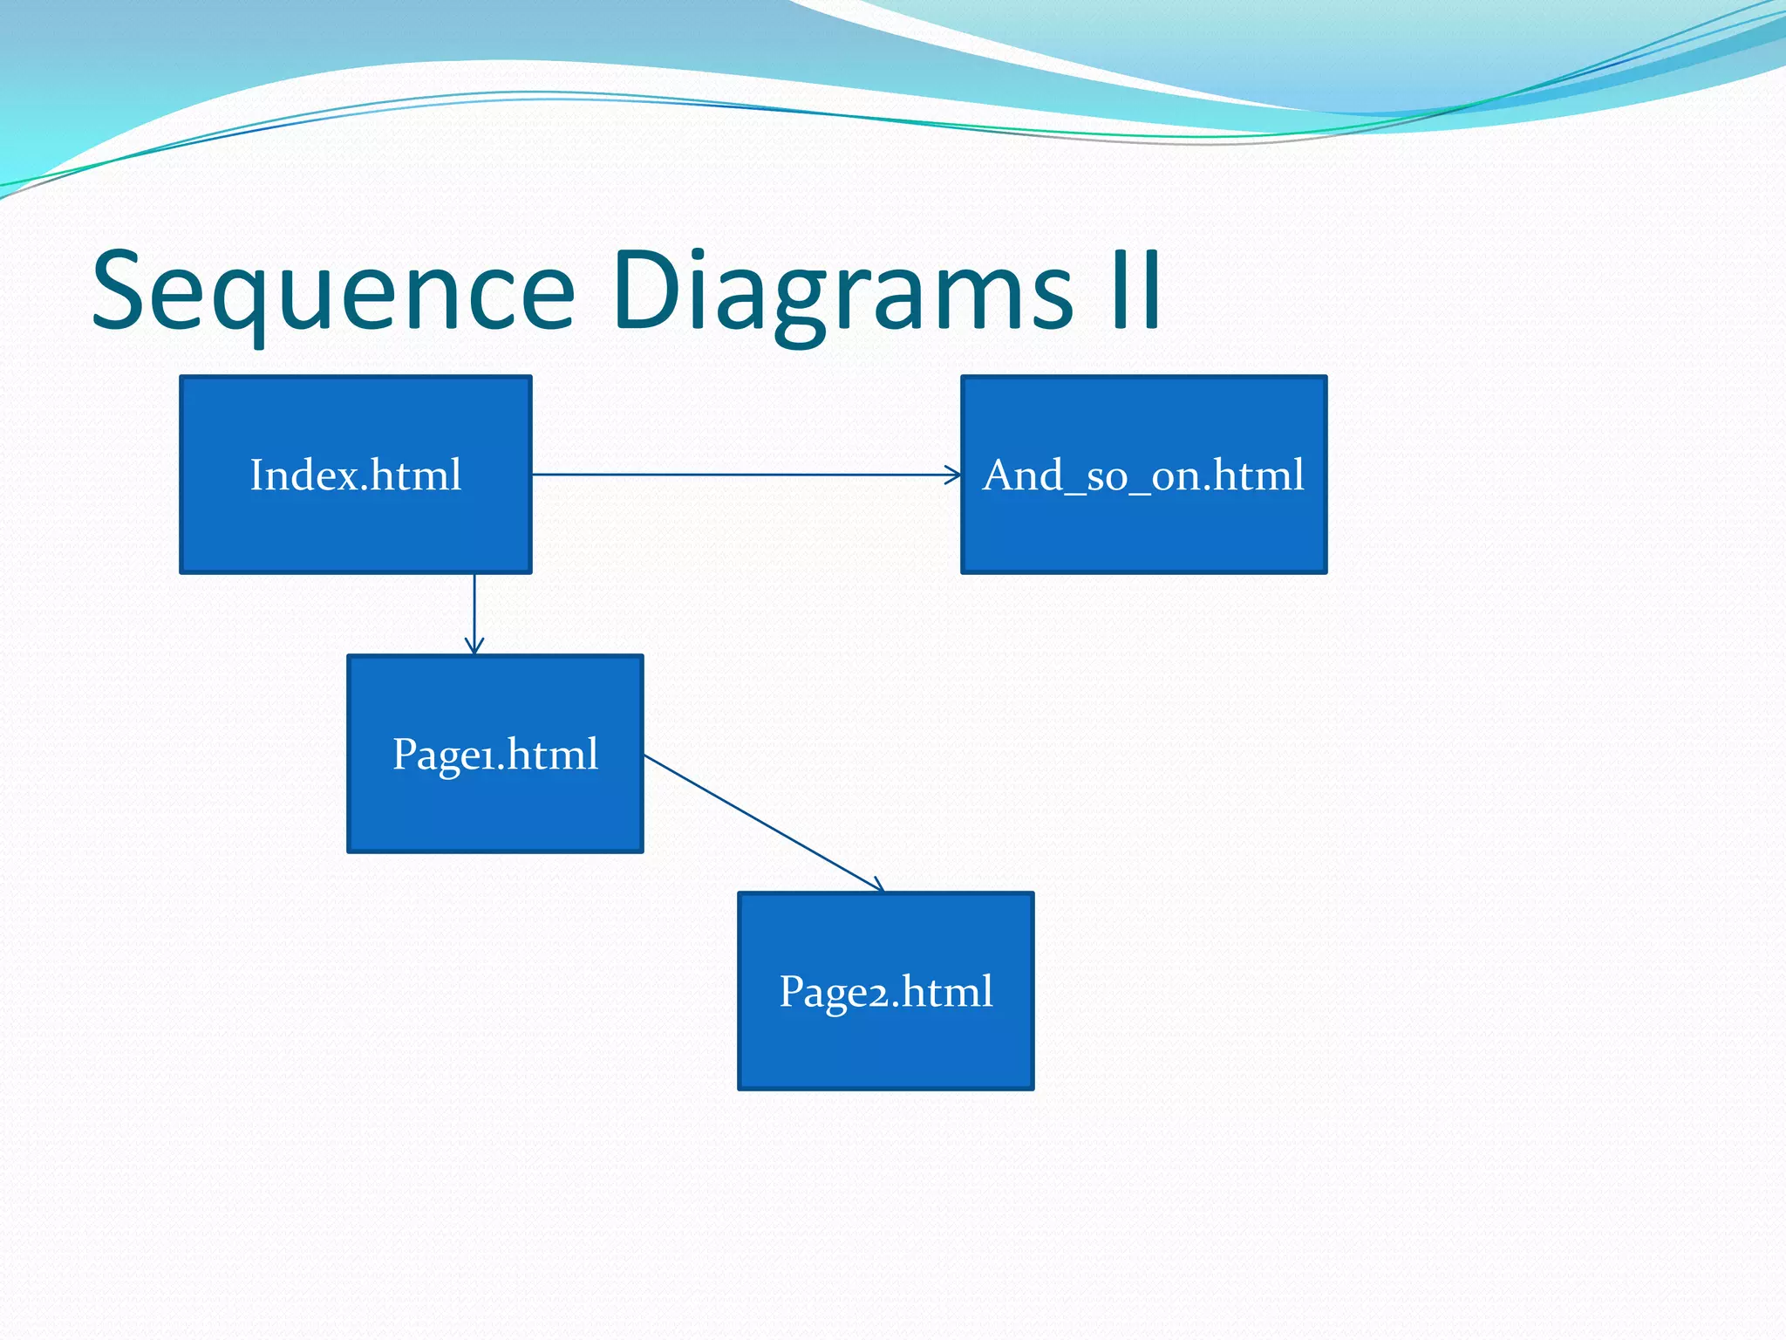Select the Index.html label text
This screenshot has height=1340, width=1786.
pos(356,475)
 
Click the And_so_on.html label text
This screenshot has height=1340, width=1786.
pos(1143,475)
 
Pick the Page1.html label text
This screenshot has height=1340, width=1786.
pos(495,754)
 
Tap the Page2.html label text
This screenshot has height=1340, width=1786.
pos(886,991)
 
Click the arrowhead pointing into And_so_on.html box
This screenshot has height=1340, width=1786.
pos(955,475)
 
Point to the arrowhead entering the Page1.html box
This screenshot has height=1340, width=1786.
pos(474,647)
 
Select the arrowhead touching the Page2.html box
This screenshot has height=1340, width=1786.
pos(878,886)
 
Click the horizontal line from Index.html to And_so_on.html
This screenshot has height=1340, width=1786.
pos(741,475)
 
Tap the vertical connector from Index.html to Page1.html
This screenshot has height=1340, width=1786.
pos(474,611)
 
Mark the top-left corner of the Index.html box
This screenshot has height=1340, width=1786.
pos(181,378)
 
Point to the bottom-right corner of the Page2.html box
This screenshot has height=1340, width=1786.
pos(1033,1088)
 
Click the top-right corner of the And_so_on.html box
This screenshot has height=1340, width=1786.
pos(1326,378)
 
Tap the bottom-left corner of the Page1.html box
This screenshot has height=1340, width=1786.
pos(349,851)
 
